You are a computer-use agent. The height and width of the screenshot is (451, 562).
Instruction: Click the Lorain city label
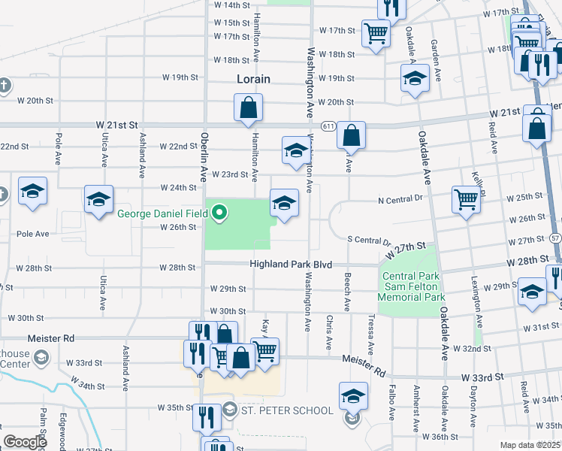click(x=253, y=78)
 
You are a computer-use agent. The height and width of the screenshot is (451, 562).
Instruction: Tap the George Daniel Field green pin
click(x=219, y=213)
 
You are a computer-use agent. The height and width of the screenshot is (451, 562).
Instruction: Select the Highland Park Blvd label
click(x=291, y=263)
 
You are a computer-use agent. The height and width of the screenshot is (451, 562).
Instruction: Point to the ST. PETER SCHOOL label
click(x=286, y=410)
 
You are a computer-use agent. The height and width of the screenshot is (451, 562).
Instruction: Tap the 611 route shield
click(x=330, y=126)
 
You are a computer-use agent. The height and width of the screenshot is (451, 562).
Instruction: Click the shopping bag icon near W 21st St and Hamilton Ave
click(x=248, y=110)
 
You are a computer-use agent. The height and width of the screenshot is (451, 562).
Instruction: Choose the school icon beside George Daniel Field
click(x=284, y=204)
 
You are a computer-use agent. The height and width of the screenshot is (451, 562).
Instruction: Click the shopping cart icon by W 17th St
click(x=376, y=33)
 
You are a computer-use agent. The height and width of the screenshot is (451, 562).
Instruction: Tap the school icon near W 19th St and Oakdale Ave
click(x=414, y=79)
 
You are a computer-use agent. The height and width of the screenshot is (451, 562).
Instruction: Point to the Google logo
click(x=25, y=442)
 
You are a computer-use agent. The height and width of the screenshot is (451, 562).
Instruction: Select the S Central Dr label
click(x=369, y=241)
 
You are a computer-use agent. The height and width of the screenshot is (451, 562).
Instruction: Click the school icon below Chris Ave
click(x=353, y=396)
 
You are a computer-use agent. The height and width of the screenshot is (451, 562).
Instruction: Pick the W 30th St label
click(x=228, y=311)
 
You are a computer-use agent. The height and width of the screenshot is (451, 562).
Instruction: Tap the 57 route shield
click(x=554, y=238)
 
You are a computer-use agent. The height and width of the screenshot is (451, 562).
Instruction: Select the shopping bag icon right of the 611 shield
click(x=351, y=137)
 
